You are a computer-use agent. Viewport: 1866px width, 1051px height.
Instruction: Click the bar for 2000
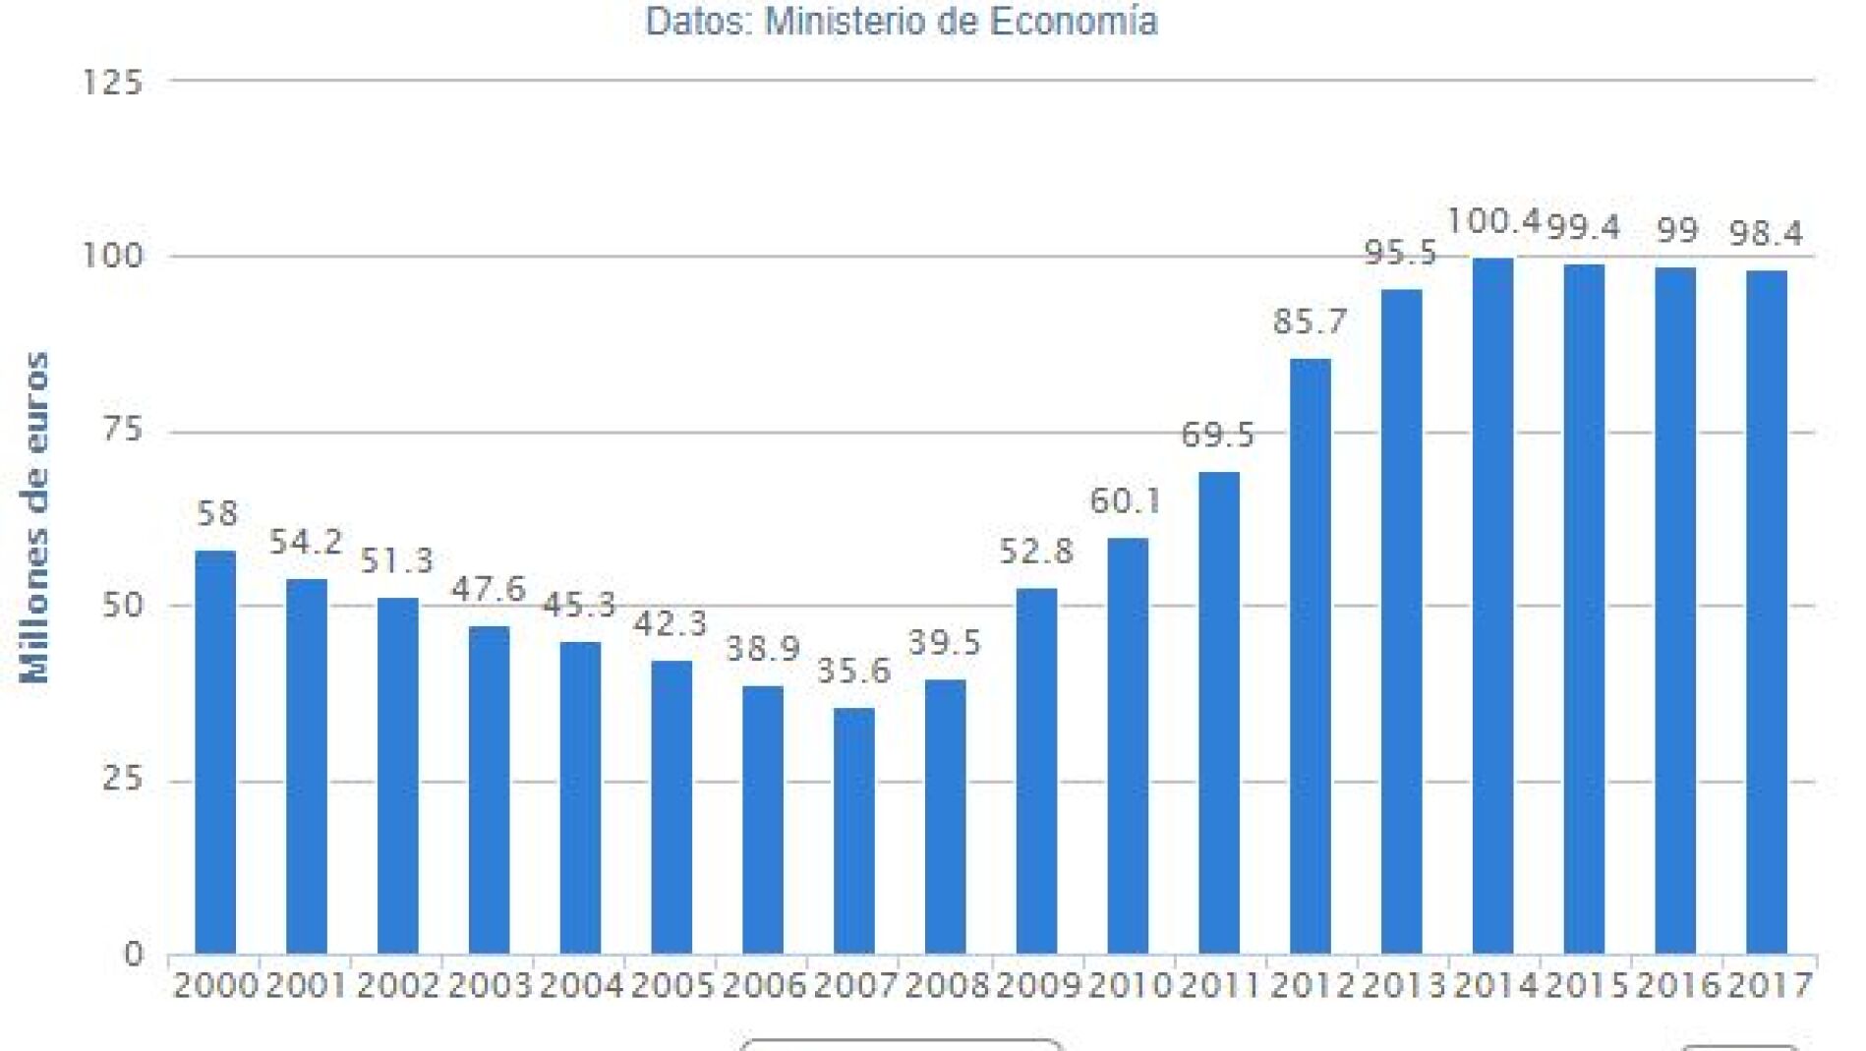point(215,752)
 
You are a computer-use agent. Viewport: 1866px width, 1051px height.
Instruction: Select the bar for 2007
point(853,831)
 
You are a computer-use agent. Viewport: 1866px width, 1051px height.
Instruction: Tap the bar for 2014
point(1492,606)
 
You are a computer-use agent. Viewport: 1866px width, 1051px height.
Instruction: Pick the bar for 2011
point(1219,713)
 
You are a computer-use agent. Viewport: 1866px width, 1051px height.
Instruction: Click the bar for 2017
point(1767,612)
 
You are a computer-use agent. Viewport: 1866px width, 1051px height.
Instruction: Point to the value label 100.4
point(1492,221)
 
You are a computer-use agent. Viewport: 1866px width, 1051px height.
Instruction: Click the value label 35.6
point(853,671)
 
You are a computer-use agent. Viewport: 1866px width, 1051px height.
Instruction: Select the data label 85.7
point(1310,321)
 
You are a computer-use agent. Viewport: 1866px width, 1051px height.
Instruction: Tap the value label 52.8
point(1036,552)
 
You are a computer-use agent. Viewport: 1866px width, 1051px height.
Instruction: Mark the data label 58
point(216,513)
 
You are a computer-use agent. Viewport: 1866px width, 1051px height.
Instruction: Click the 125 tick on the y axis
point(112,83)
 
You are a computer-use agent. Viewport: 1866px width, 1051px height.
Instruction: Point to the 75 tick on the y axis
point(123,431)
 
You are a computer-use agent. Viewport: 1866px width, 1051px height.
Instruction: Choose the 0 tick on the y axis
point(133,954)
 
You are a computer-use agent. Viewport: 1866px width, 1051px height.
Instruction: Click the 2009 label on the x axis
point(1037,985)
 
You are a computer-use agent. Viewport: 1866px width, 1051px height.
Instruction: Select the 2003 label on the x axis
point(489,985)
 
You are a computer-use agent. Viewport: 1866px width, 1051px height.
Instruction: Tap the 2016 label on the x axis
point(1677,985)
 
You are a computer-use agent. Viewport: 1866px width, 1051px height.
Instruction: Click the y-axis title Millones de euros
point(36,517)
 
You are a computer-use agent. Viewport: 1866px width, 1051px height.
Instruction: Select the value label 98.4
point(1767,234)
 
